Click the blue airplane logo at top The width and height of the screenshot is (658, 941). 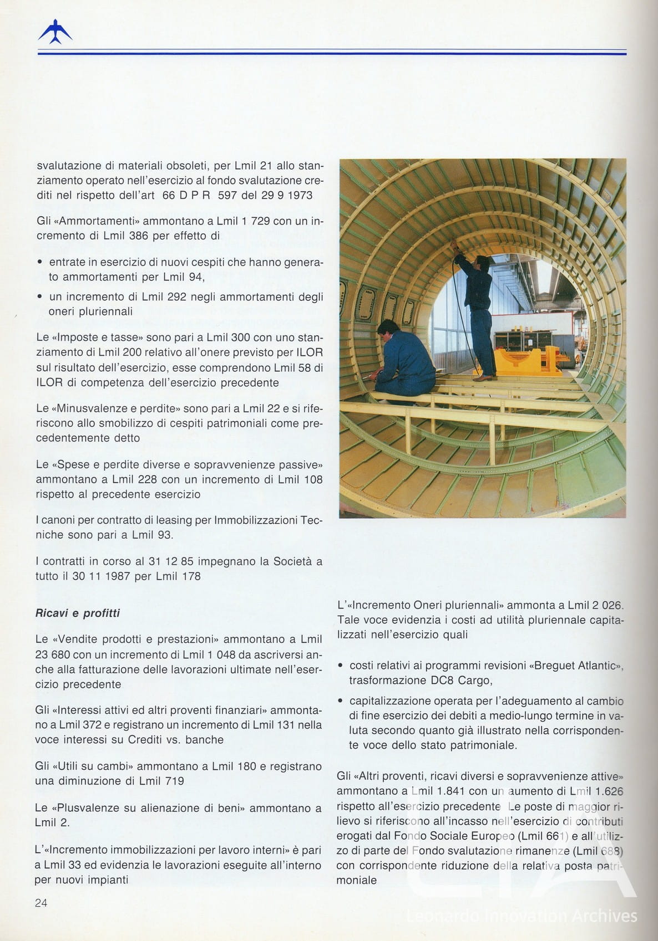click(55, 32)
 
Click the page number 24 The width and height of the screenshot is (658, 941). click(41, 903)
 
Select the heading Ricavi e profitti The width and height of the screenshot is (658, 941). click(78, 613)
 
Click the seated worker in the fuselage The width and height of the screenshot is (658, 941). click(399, 361)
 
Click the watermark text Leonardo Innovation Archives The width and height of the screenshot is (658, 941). click(522, 916)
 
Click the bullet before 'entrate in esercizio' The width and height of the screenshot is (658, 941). click(39, 262)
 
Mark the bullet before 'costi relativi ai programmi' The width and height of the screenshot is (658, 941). click(340, 666)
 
